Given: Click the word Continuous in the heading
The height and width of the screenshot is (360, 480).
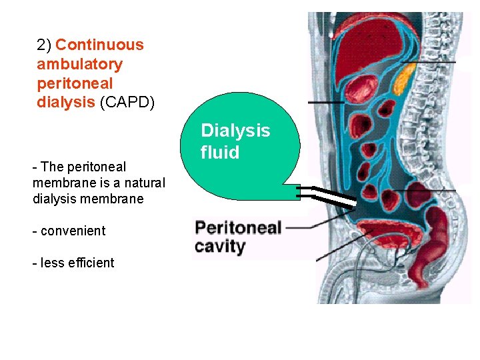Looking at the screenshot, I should [99, 45].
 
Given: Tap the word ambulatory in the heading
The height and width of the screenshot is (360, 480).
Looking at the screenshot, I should [79, 65].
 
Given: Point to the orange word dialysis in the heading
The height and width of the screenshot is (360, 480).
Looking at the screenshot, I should [65, 103].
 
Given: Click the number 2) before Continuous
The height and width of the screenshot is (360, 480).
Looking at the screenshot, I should [44, 45].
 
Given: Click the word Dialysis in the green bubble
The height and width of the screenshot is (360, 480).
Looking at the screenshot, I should [235, 131].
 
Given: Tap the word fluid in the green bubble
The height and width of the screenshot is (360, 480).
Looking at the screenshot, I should [220, 153].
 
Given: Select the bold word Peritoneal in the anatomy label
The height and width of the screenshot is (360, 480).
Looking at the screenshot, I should [238, 228].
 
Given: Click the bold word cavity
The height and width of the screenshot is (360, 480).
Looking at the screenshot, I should [220, 247].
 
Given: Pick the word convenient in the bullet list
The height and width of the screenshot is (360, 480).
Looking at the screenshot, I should [73, 231].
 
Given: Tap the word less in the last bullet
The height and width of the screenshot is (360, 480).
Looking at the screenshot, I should [51, 263].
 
